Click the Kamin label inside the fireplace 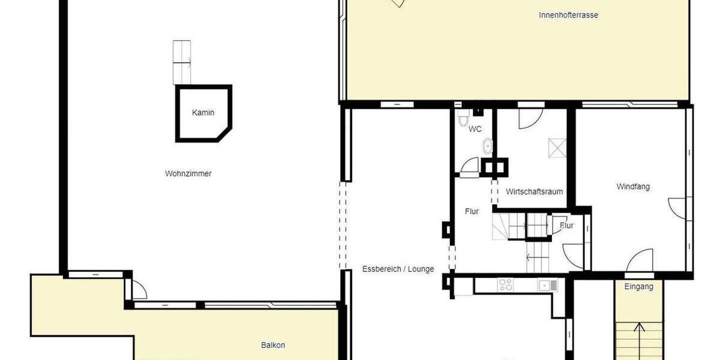[203, 112]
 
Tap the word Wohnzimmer [188, 174]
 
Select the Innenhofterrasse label [568, 15]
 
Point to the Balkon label [273, 345]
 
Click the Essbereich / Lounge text [398, 269]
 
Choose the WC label [475, 129]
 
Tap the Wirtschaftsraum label [534, 192]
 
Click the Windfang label [633, 187]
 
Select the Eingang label [638, 287]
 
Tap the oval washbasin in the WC [488, 146]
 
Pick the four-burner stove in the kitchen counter [505, 286]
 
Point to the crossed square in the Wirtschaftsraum [557, 148]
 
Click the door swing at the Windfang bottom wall [640, 261]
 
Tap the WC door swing [470, 166]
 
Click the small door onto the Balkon [139, 290]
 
